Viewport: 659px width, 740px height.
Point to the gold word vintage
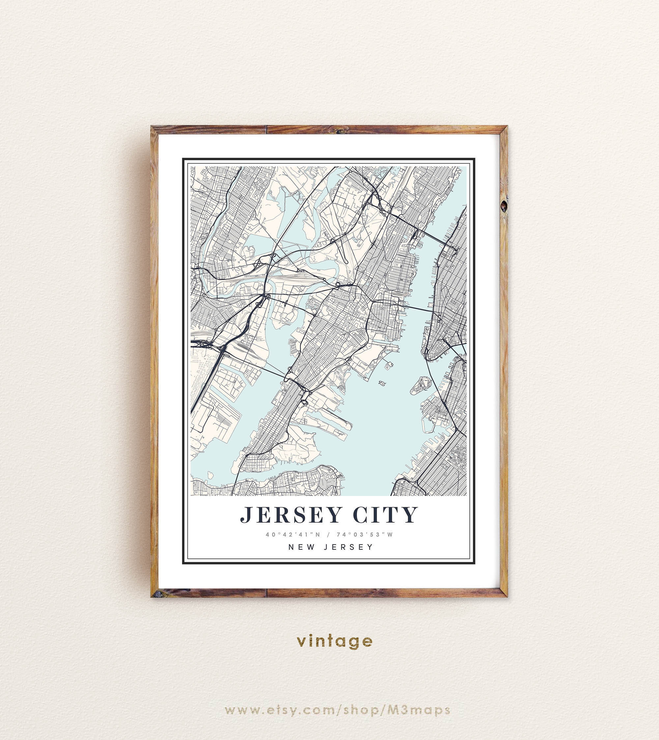[334, 641]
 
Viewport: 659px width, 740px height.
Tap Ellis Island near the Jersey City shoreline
[388, 365]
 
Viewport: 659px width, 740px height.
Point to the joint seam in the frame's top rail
[267, 130]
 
